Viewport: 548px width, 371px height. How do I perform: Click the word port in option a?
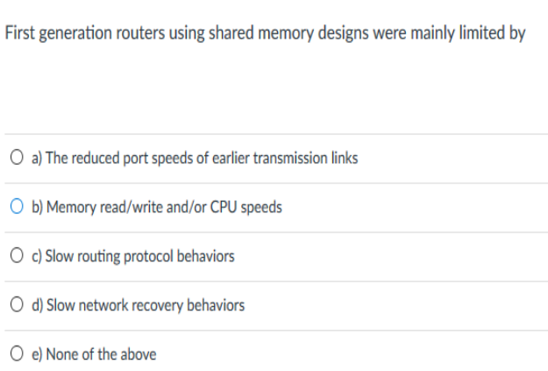click(x=136, y=159)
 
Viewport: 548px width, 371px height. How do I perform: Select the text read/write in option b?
click(x=126, y=208)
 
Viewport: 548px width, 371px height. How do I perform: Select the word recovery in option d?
click(x=159, y=305)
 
